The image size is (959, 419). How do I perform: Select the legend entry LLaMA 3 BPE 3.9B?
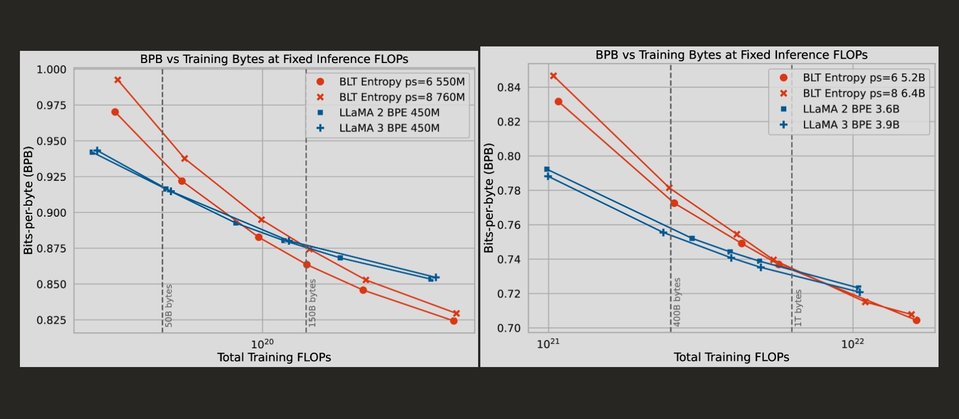851,125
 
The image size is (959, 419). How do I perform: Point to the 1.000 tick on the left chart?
51,70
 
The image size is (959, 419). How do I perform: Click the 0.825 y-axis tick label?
51,320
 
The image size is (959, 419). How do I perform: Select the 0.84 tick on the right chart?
509,87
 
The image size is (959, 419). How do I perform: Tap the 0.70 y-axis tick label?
509,328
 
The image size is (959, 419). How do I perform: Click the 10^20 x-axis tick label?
262,344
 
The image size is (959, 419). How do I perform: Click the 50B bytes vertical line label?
169,306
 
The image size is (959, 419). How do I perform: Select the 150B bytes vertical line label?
313,303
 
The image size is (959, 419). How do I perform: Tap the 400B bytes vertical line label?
677,302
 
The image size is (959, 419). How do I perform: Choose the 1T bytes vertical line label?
799,308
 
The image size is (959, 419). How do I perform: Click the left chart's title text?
274,59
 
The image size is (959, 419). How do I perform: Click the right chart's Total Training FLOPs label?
731,357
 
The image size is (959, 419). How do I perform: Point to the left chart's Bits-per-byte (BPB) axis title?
28,200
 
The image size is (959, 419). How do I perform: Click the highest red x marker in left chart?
118,80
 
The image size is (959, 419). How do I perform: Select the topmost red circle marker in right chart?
558,102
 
